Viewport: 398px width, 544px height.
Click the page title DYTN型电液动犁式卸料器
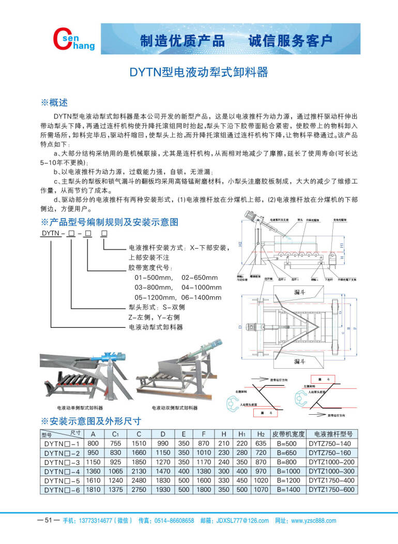pos(198,71)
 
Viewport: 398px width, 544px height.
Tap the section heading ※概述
pos(54,102)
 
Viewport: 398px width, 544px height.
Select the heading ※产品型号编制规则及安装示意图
pos(109,222)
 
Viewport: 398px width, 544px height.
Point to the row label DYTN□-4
pos(62,471)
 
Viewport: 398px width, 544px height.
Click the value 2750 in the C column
pos(139,490)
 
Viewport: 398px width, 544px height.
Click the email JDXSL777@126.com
pos(241,521)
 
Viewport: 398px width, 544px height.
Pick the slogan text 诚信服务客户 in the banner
pos(290,41)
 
